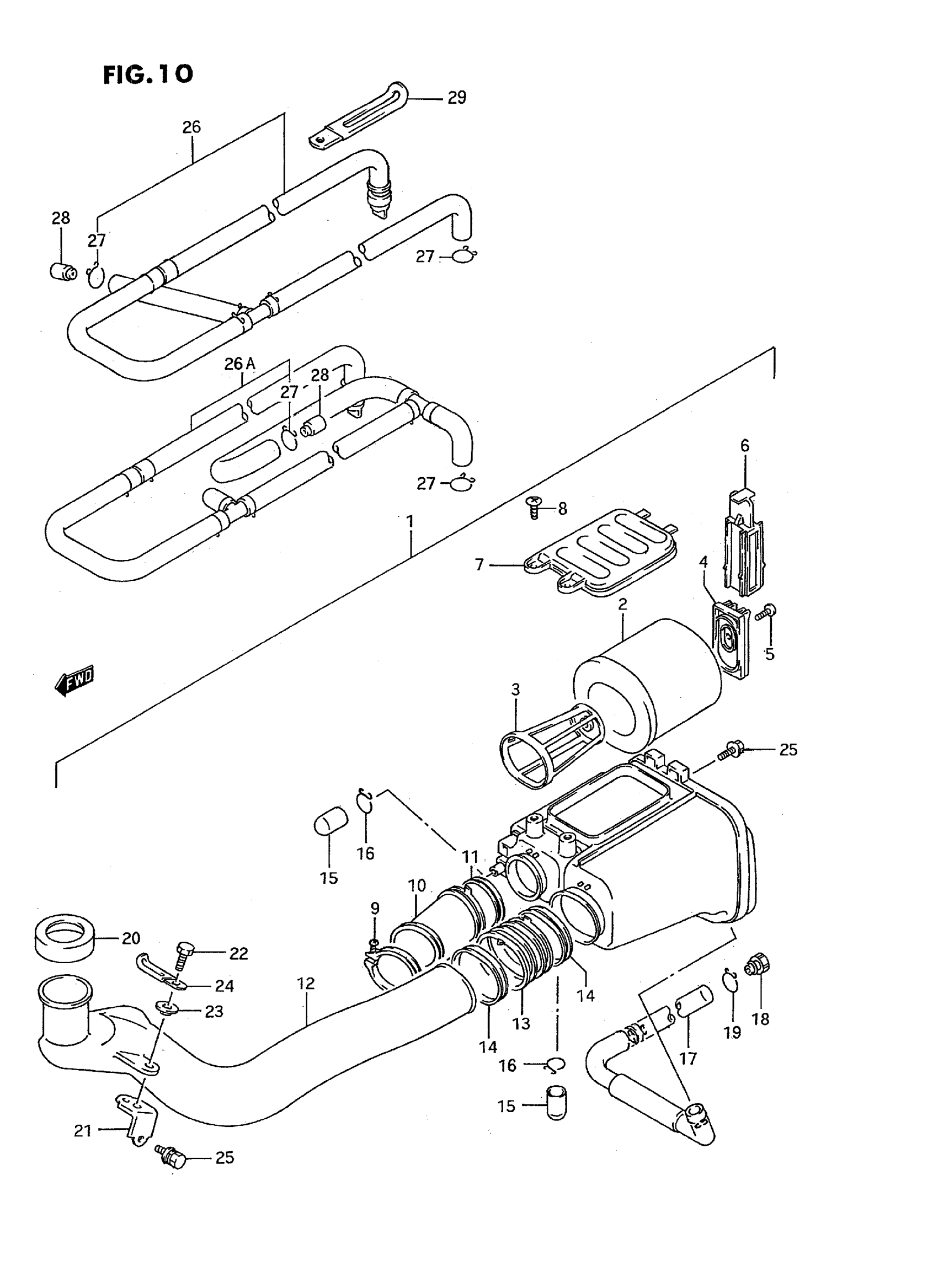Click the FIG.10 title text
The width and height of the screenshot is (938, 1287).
(x=148, y=74)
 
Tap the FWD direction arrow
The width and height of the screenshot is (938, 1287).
(x=74, y=681)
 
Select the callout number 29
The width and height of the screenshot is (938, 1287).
(x=456, y=98)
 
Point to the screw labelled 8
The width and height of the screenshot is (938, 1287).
(x=534, y=507)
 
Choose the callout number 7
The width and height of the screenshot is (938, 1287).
(x=479, y=565)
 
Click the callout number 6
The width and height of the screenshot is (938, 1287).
(x=744, y=446)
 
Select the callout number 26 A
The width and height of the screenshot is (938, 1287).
(x=239, y=364)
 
